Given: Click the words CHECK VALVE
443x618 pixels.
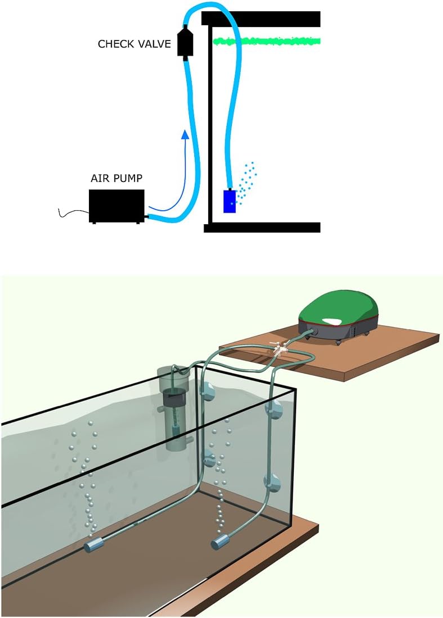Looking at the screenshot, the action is [x=134, y=43].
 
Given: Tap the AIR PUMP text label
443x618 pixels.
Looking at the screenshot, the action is [x=117, y=178].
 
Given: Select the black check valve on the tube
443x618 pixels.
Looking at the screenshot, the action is [x=185, y=42].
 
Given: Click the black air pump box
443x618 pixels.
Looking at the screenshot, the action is [x=117, y=206].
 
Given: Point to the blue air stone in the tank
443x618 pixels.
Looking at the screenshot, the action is [x=230, y=201].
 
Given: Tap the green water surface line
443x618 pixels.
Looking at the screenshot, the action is [x=266, y=40].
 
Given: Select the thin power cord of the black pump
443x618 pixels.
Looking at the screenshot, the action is [x=74, y=213].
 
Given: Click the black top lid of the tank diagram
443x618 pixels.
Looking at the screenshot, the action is [x=261, y=19].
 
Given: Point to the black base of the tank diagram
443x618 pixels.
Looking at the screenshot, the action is [x=262, y=228].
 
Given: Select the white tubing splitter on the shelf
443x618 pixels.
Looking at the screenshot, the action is [x=281, y=349].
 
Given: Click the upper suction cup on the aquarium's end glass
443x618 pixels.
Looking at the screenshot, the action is [x=275, y=409].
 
